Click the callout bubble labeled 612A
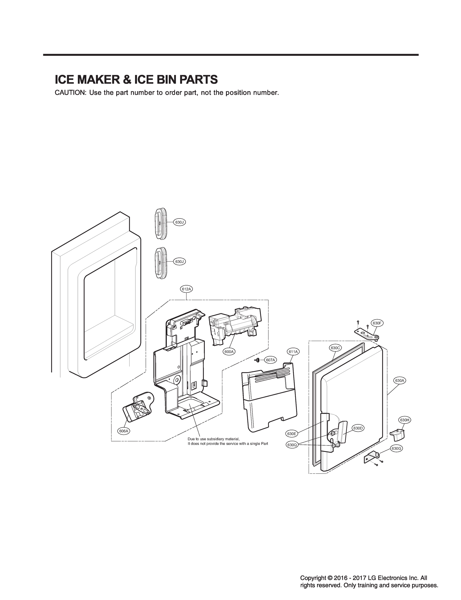[x=186, y=289]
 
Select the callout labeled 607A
[x=270, y=360]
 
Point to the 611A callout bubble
[x=293, y=351]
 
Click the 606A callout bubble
[x=124, y=431]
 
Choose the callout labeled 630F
[x=377, y=323]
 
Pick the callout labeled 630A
[x=399, y=380]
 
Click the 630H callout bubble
[x=405, y=420]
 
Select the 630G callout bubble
[x=396, y=449]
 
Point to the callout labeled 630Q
[x=292, y=445]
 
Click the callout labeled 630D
[x=358, y=428]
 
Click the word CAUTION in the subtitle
[x=71, y=93]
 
